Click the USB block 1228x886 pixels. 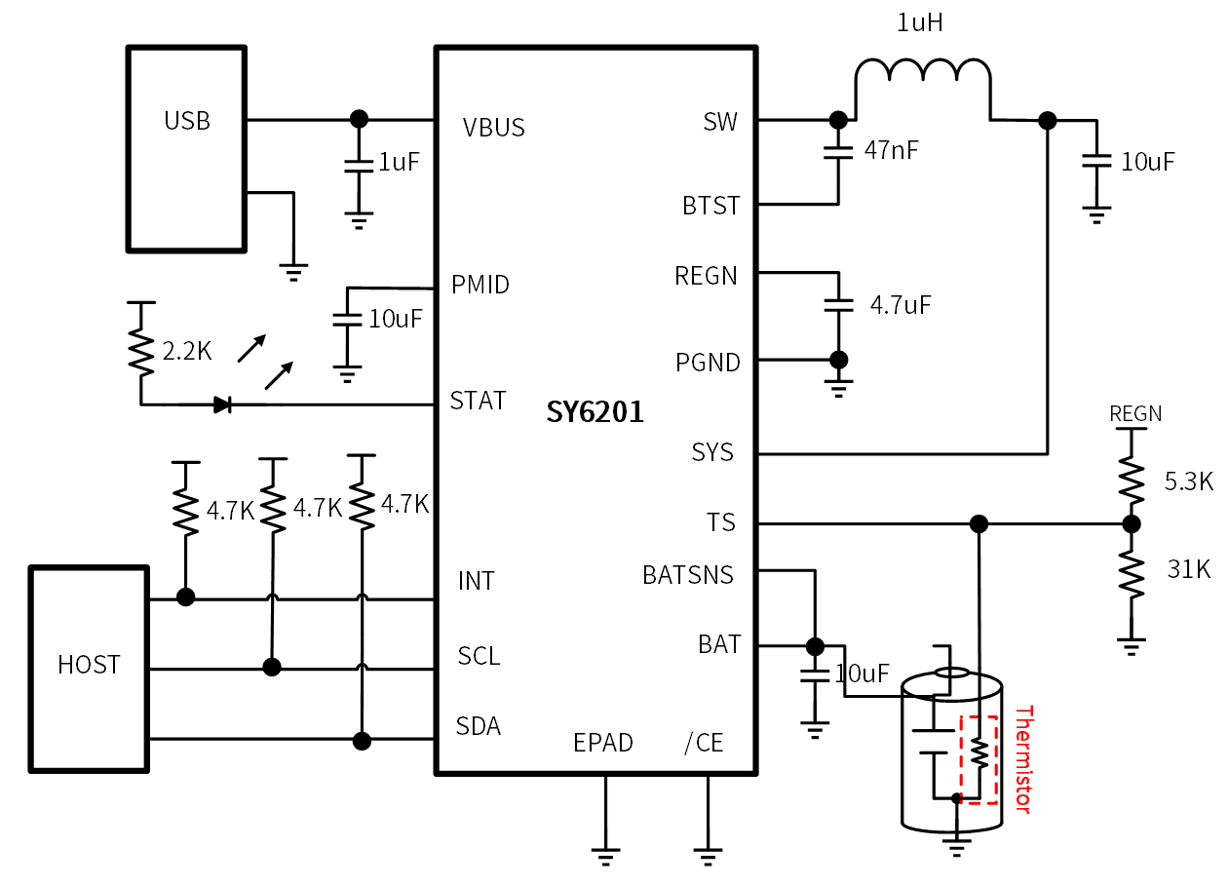pos(186,148)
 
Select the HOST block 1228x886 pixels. pos(89,668)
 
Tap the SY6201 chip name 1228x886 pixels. pos(595,413)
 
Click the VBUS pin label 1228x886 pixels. pos(494,128)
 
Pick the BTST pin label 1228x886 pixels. pos(710,206)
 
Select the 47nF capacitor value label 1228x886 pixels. pos(891,150)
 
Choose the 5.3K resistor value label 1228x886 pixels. pos(1189,482)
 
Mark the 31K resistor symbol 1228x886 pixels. pos(1131,574)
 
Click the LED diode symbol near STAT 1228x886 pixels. pos(223,404)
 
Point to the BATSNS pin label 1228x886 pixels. pos(688,575)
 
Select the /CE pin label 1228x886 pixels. pos(705,743)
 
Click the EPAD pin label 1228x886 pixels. pos(603,743)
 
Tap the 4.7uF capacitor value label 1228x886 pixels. pos(901,305)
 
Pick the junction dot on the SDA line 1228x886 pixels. pos(363,740)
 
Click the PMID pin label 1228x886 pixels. pos(480,285)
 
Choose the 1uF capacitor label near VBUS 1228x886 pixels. pos(399,162)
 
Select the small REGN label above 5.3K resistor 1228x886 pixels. pos(1136,414)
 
